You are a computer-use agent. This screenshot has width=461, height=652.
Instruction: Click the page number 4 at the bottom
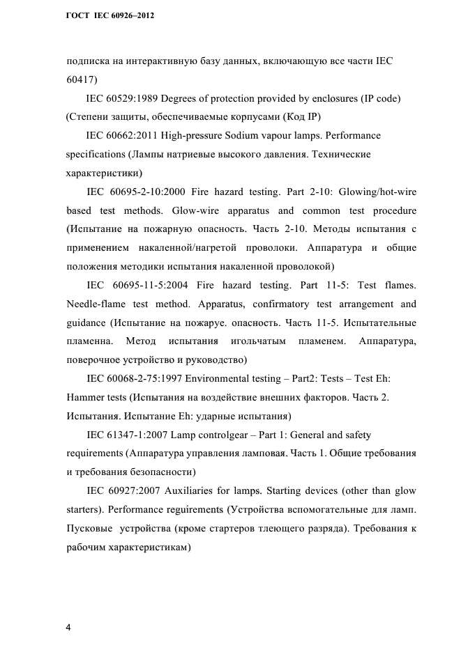[x=68, y=607]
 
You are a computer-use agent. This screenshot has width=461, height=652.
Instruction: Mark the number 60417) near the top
[x=82, y=78]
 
